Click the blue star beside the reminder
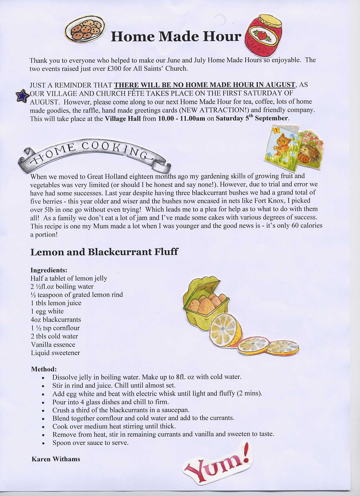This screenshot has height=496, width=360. (22, 96)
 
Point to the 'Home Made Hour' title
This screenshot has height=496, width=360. (176, 36)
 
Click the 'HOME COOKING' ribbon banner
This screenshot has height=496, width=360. (93, 154)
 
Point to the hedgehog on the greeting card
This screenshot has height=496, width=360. (310, 154)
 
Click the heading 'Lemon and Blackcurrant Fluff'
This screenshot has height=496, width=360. (104, 252)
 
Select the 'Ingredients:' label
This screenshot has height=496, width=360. (49, 270)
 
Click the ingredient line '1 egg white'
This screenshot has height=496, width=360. (47, 311)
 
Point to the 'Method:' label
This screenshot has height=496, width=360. (44, 369)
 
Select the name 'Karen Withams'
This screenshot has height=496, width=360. (56, 459)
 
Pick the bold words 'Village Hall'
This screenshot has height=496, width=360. (123, 118)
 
